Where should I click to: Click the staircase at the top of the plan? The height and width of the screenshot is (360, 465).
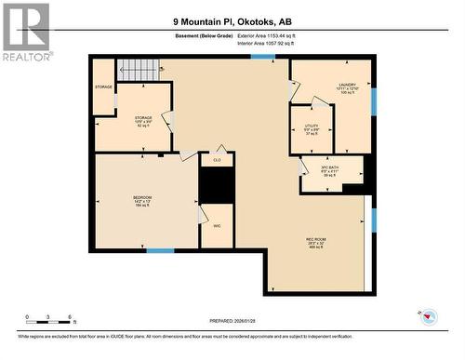(x=139, y=69)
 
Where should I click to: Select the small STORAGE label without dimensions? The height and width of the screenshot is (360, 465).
(x=103, y=87)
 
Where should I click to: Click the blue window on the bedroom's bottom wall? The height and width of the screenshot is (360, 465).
(x=160, y=250)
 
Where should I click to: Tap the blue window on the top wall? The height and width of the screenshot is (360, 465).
(x=263, y=57)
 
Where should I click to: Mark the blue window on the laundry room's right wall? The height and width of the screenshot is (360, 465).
(x=373, y=101)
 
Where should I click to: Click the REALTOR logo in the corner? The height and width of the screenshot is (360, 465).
(x=25, y=32)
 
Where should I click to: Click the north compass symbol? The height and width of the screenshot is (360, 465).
(x=429, y=318)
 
